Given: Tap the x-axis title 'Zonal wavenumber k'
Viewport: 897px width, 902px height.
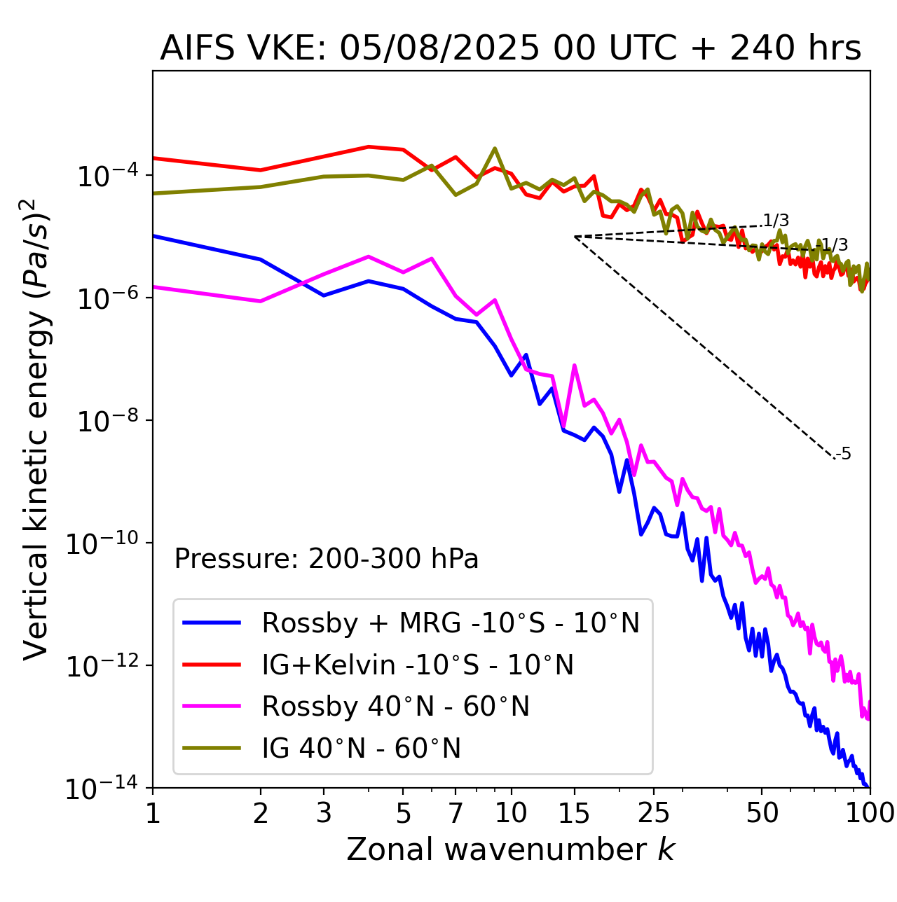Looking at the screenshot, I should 510,849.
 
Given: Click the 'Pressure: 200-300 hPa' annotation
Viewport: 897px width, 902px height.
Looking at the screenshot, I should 327,559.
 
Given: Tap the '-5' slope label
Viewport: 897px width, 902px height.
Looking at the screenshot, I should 844,454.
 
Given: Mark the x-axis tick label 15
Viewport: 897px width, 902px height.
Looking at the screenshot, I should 575,813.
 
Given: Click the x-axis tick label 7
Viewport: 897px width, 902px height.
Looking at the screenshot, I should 456,813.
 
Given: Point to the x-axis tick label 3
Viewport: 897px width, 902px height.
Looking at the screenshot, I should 324,813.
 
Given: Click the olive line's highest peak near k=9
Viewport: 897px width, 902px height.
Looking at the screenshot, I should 495,148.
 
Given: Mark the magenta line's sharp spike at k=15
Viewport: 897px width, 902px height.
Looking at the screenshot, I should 575,366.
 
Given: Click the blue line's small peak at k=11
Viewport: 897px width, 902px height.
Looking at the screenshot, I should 526,355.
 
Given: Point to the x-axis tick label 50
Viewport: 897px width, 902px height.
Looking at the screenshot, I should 762,813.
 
